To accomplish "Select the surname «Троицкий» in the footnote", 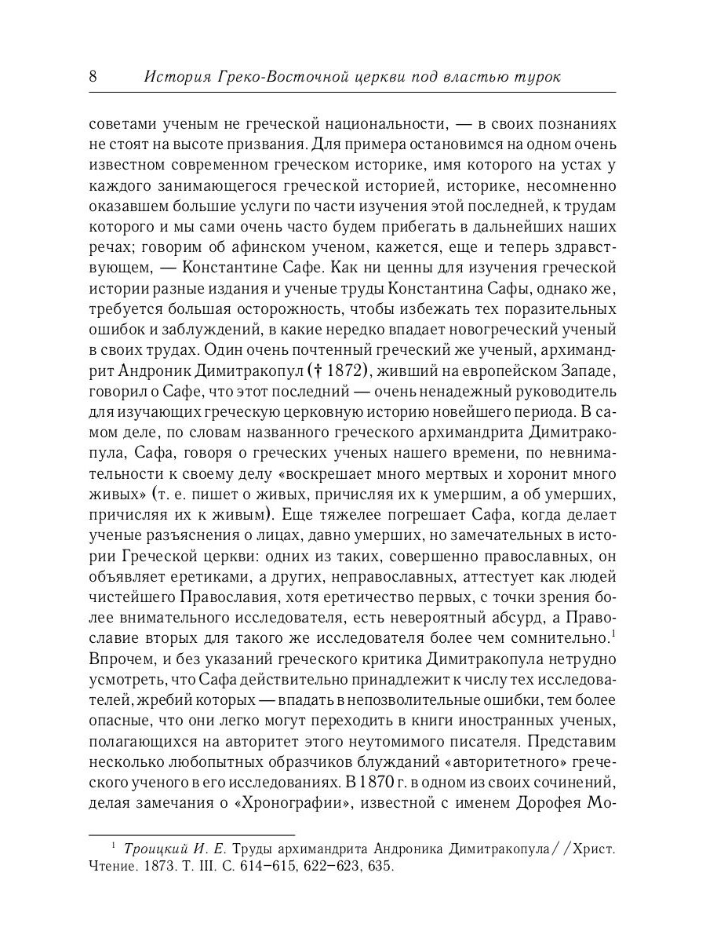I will tap(153, 849).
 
